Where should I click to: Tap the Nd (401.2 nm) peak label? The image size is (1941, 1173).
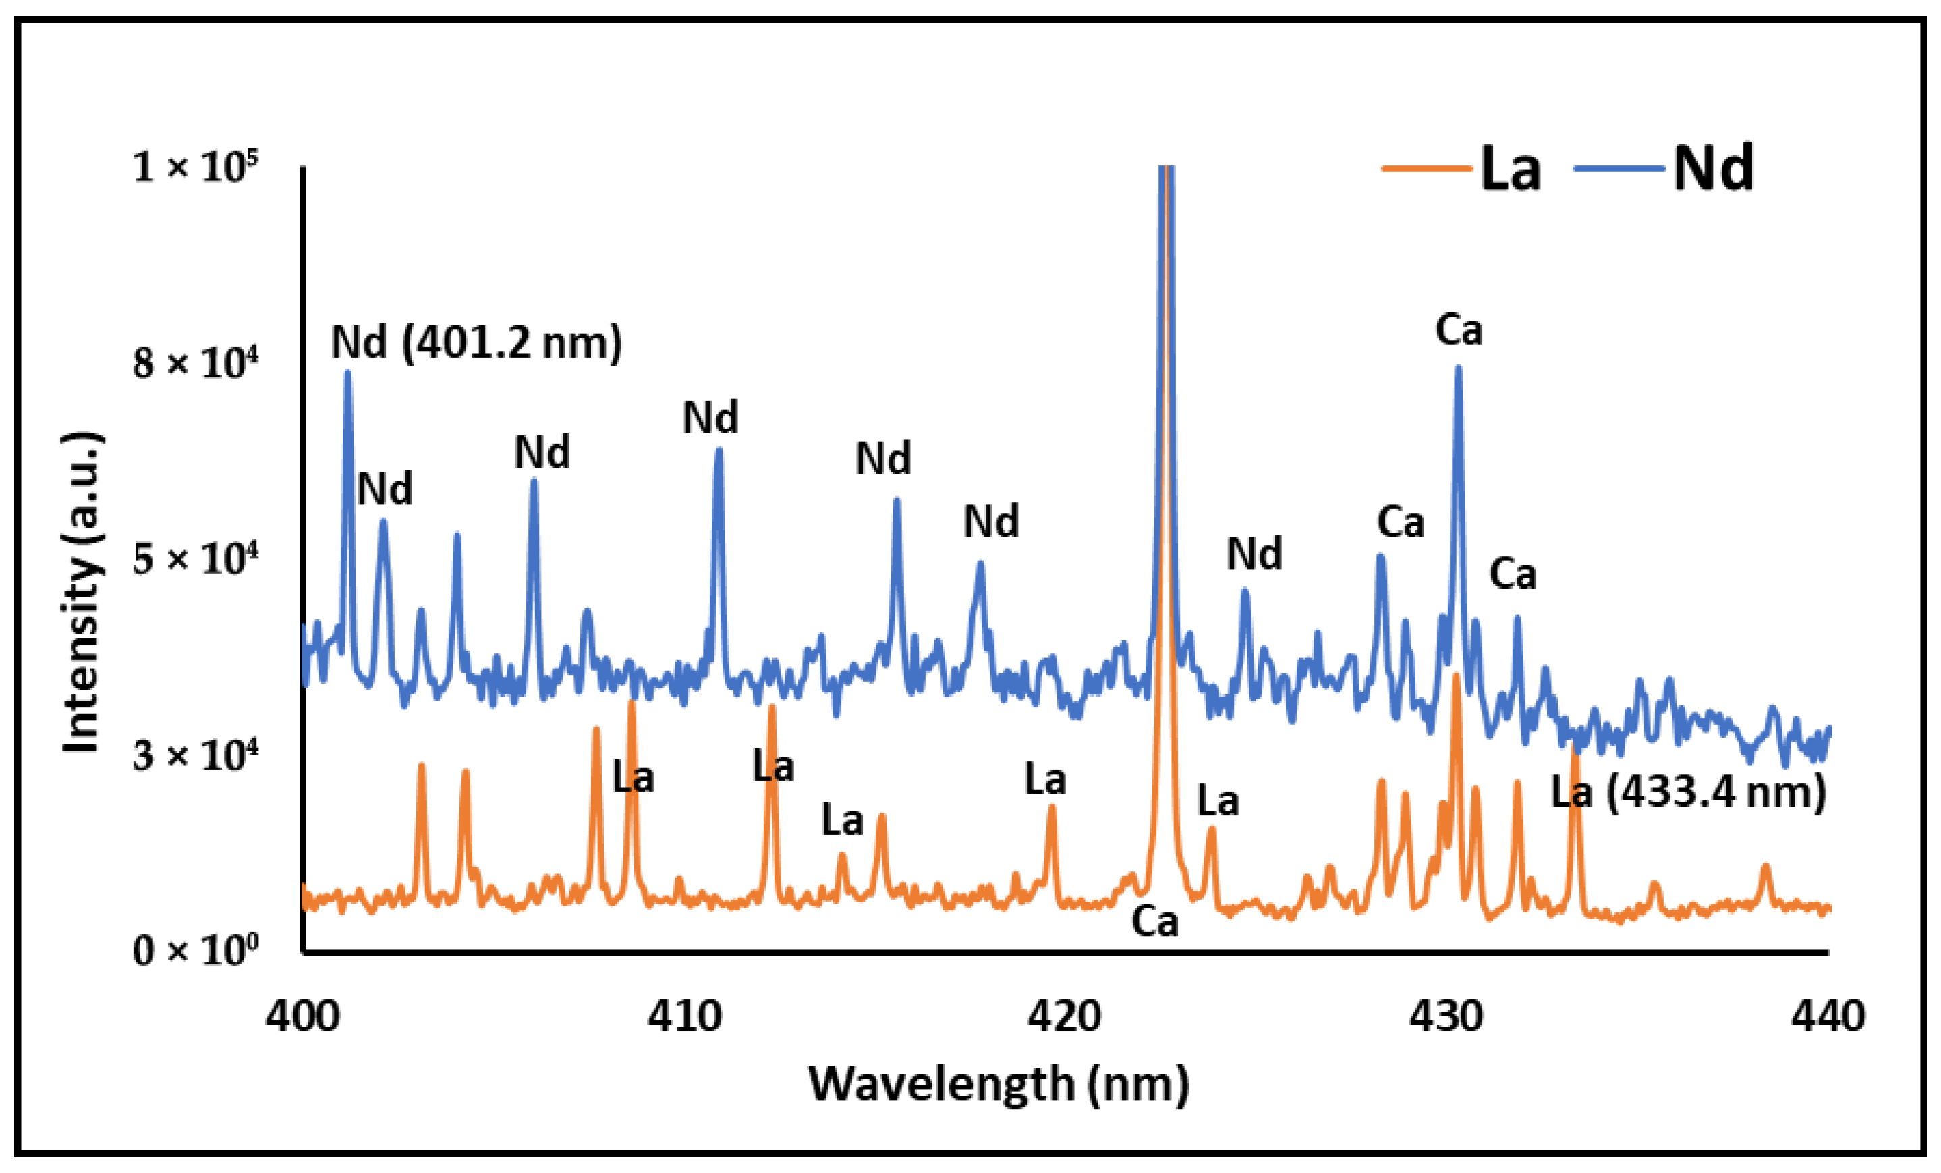coord(476,344)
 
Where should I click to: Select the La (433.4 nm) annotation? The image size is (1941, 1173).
coord(1688,792)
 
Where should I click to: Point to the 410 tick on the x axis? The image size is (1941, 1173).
coord(683,1016)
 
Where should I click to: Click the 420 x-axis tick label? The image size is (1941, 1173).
coord(1063,1016)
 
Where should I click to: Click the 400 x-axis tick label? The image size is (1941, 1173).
coord(302,1016)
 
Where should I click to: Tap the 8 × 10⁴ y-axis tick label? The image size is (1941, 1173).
coord(196,363)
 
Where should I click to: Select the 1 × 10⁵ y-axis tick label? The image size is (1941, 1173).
coord(196,166)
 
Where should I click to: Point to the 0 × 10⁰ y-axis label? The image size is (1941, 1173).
coord(196,951)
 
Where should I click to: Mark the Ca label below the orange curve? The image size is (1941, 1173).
coord(1155,922)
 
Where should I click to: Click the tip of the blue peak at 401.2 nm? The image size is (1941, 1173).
coord(347,373)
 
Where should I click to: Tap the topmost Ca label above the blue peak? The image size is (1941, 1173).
coord(1459,330)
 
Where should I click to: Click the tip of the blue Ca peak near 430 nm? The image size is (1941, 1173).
coord(1458,368)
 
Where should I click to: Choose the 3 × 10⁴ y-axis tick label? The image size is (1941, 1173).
coord(196,755)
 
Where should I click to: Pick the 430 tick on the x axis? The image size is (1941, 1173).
coord(1446,1016)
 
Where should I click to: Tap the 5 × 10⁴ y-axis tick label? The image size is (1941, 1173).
coord(196,560)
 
